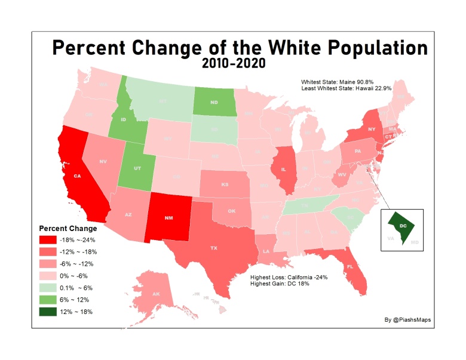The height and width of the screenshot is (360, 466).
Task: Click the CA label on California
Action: click(77, 176)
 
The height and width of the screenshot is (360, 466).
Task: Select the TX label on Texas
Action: click(213, 247)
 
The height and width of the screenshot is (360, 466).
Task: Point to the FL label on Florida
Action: click(351, 267)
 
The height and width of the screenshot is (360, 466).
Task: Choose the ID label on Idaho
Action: click(123, 119)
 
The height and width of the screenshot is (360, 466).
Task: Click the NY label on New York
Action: click(372, 129)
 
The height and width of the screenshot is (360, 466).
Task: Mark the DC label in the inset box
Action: click(403, 226)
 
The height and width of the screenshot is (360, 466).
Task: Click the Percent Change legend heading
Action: click(68, 229)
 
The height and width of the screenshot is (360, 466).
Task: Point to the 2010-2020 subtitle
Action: click(234, 62)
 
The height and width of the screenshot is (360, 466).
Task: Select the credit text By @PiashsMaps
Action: click(408, 320)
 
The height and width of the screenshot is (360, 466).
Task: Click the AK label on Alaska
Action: click(155, 294)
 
